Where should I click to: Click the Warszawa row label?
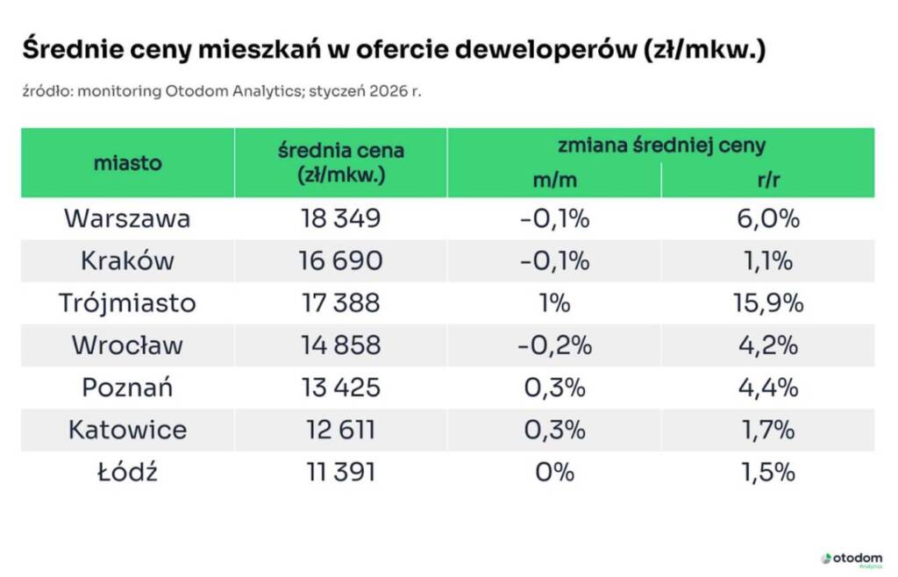127,218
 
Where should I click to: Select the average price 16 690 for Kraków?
340,260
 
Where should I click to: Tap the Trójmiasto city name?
127,303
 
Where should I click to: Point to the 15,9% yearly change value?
767,303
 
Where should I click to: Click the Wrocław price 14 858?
340,345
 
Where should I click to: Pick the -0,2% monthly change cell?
553,345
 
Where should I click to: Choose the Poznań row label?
127,387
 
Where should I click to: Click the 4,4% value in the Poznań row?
767,387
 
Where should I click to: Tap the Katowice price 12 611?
340,430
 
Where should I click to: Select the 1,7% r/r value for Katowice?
767,430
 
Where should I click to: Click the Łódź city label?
127,472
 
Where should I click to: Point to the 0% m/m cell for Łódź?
553,472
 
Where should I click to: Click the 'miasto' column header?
127,162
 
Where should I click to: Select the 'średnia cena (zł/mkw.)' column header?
340,162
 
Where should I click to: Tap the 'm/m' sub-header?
553,180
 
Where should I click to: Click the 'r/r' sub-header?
767,180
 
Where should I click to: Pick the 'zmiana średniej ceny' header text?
660,146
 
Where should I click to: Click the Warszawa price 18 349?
340,218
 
